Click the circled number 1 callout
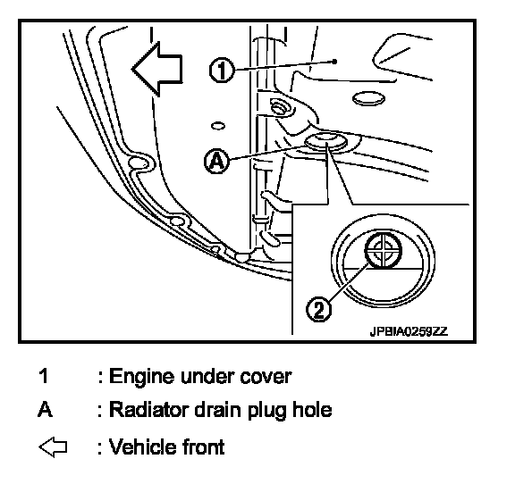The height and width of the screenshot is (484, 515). point(222,70)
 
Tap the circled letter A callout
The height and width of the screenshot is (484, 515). point(216,161)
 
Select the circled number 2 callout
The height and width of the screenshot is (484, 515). point(319,309)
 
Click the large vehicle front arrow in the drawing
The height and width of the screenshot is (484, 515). point(157,70)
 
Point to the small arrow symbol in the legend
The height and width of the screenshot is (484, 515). point(53,446)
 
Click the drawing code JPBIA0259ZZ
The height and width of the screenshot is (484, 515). point(409,331)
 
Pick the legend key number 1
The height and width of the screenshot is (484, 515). point(44,376)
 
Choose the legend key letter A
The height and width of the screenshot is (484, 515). point(45,410)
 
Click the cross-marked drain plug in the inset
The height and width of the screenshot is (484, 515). point(384,250)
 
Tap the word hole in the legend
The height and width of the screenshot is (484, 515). point(312,410)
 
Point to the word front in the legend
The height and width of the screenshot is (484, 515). point(203,446)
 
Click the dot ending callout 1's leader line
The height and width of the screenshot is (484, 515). point(334,62)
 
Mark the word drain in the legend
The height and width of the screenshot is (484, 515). point(218,410)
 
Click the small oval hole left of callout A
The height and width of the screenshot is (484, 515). point(218,126)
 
